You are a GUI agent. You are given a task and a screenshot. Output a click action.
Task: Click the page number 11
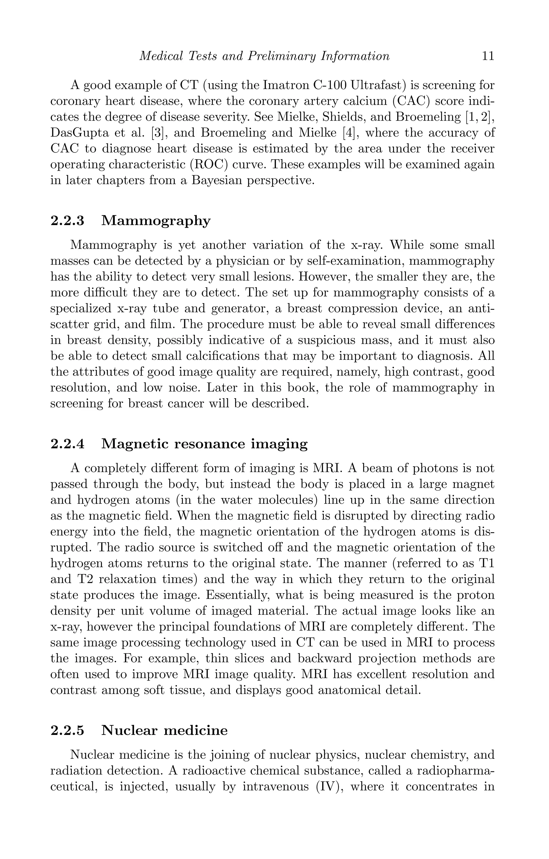pos(488,56)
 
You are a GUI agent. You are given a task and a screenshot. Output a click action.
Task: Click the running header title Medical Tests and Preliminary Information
pos(264,56)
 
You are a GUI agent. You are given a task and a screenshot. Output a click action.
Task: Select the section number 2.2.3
pos(68,221)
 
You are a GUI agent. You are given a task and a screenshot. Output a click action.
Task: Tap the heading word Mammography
pos(156,221)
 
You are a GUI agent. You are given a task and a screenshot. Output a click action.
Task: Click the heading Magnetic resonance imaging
pos(205,444)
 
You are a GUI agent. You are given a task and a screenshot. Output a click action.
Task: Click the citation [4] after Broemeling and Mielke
pos(348,133)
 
